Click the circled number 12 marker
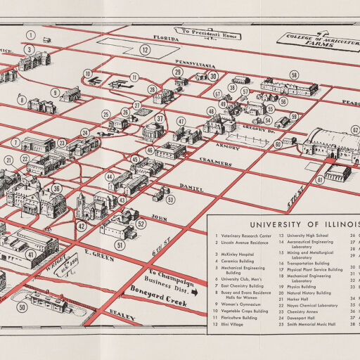point(144,49)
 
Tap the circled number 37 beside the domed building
point(160,118)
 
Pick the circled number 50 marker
point(22,307)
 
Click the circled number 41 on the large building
point(31,254)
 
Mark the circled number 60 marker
point(278,143)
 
